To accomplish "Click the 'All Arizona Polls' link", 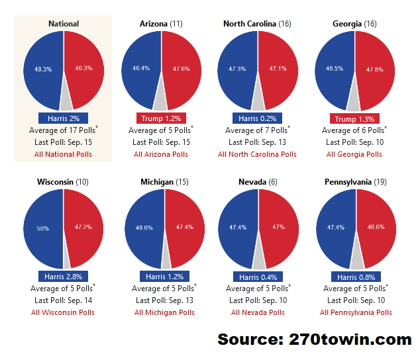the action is click(161, 154).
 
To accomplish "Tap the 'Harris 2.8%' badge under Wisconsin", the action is click(63, 276).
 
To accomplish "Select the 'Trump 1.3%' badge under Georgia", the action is click(354, 119).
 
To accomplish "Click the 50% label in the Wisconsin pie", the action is click(43, 228).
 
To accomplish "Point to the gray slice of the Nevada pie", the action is click(259, 257).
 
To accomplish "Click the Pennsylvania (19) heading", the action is click(356, 182).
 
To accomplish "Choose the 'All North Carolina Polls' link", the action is click(257, 154).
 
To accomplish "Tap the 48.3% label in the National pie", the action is click(43, 69).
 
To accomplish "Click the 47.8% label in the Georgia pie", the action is click(375, 69).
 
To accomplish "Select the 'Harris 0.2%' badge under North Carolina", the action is click(257, 118).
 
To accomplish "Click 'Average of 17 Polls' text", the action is click(63, 130).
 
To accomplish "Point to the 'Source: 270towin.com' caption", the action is click(315, 339).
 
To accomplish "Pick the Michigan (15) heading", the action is click(164, 182).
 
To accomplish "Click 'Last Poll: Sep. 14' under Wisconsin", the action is click(63, 300).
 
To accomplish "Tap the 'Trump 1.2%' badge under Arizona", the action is click(161, 118).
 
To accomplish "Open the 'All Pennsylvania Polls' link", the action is click(356, 312).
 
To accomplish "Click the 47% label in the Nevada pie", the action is click(279, 227).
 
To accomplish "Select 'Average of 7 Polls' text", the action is click(257, 130).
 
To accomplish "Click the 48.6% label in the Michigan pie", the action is click(144, 228).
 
